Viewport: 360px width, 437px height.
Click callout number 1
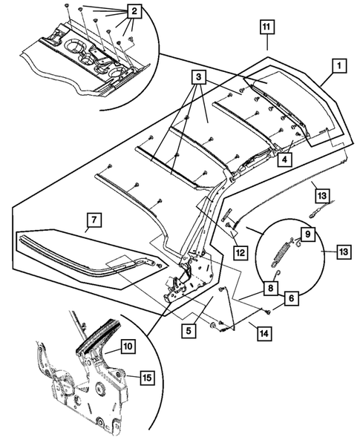click(x=336, y=67)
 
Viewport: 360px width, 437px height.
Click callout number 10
click(x=128, y=346)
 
